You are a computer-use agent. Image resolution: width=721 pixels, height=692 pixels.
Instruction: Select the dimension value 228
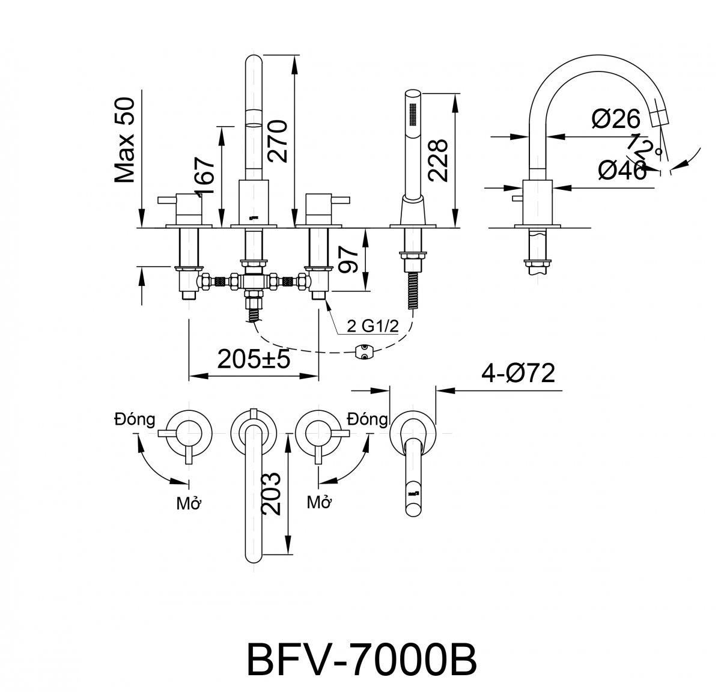(437, 160)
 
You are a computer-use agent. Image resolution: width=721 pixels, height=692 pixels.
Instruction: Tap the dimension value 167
(204, 175)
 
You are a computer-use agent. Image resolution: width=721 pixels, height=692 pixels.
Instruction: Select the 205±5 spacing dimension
(254, 360)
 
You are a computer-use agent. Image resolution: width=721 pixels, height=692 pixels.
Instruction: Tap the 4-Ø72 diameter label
(517, 374)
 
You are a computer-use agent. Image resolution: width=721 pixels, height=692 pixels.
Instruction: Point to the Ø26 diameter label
(616, 120)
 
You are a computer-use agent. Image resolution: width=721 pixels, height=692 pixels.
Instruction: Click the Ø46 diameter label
(622, 171)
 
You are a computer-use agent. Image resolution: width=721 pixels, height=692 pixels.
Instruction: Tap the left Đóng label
(135, 419)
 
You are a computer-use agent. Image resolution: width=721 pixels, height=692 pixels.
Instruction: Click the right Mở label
(320, 502)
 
